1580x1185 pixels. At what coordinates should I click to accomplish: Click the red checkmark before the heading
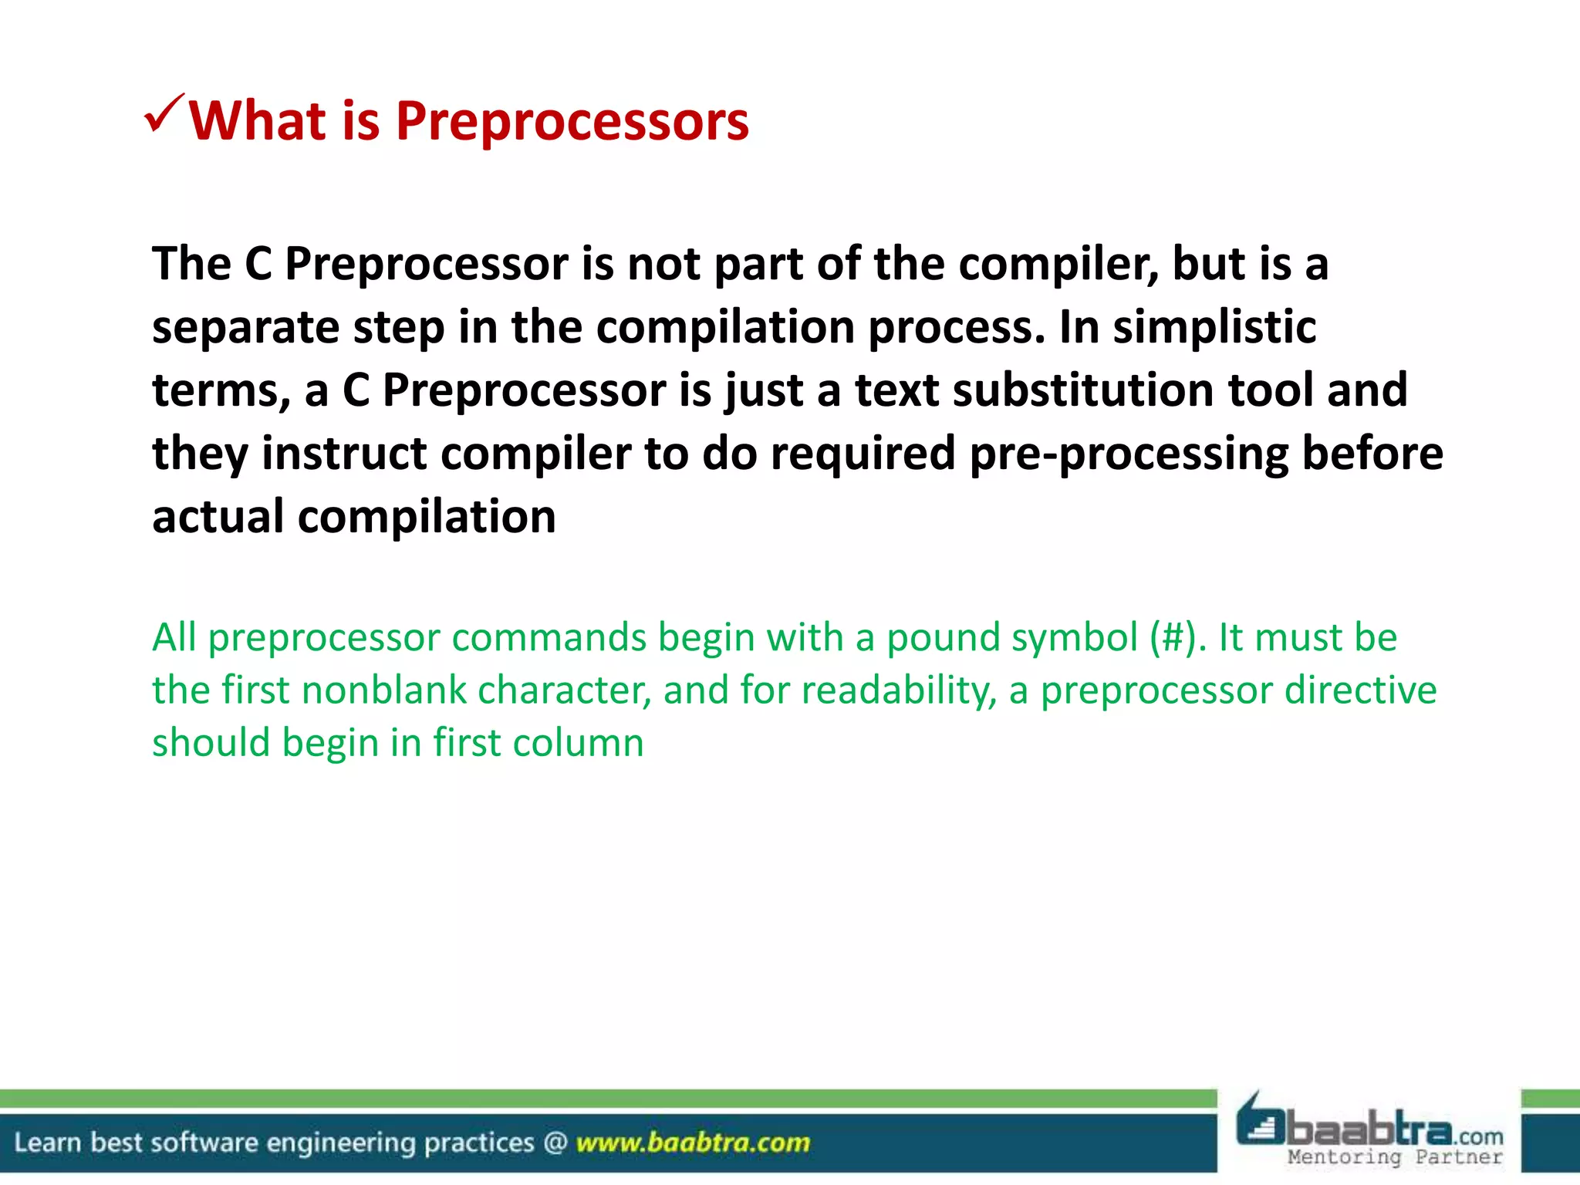coord(164,114)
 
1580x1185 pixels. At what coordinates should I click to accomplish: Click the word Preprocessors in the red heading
coord(572,122)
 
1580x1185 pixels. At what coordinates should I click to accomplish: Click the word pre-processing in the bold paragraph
coord(1128,454)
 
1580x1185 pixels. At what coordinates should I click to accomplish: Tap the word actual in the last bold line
coord(218,517)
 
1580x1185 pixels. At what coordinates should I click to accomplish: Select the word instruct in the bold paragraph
coord(344,454)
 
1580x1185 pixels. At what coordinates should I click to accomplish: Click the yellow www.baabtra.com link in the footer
coord(693,1143)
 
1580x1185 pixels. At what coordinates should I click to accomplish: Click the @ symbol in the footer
coord(555,1143)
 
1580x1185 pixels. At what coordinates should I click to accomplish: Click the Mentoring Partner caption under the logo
coord(1395,1156)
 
